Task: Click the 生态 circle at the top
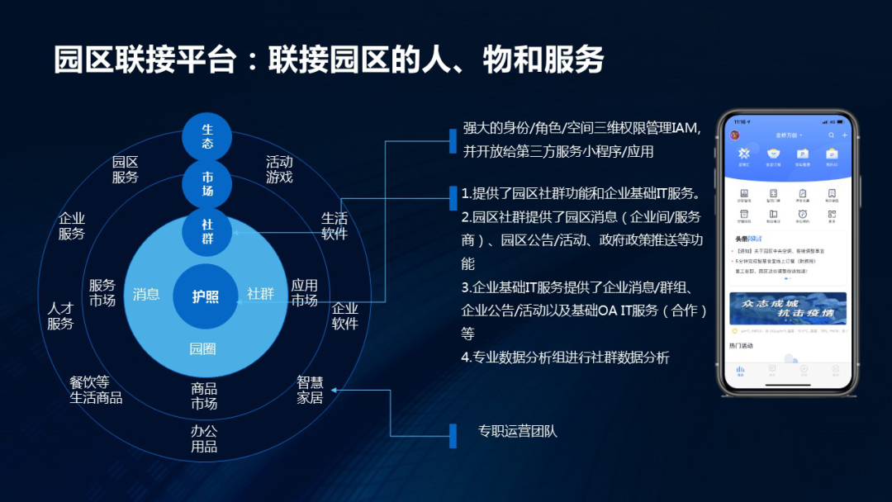click(x=207, y=136)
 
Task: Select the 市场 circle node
click(x=207, y=183)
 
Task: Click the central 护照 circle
click(x=206, y=296)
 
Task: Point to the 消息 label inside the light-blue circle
click(x=146, y=294)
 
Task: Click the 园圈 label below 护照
click(x=202, y=348)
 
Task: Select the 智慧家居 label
click(x=310, y=390)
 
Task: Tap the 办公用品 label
click(x=204, y=438)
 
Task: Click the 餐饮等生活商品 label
click(x=96, y=390)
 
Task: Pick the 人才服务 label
click(x=60, y=316)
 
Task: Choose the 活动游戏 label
click(x=279, y=169)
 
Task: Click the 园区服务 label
click(x=126, y=169)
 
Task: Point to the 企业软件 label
click(x=345, y=316)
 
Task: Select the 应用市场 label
click(x=304, y=293)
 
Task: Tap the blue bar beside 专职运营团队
click(x=453, y=435)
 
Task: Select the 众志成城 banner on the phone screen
click(x=787, y=308)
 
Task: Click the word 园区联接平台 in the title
click(x=145, y=60)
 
